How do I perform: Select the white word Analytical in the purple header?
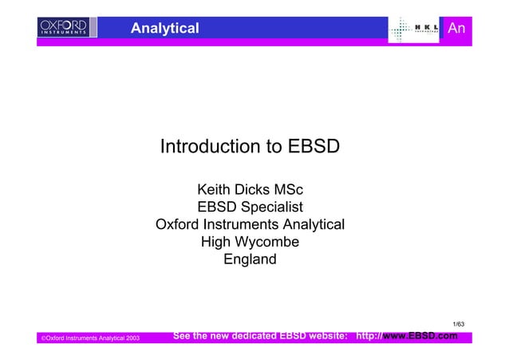[x=164, y=29]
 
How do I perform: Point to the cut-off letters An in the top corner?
[x=456, y=29]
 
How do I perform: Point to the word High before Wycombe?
[x=216, y=242]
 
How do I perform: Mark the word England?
[x=250, y=259]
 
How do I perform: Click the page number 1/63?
[x=458, y=323]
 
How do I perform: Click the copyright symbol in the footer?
[x=43, y=339]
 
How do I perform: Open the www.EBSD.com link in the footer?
[x=420, y=337]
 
